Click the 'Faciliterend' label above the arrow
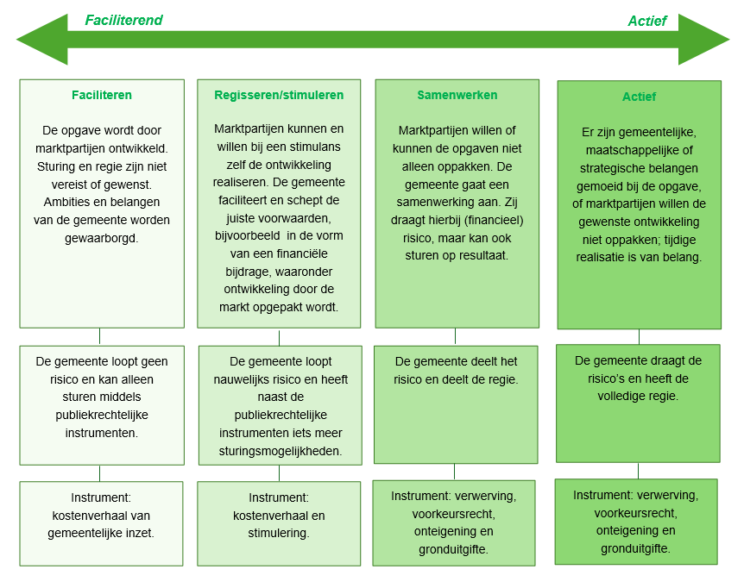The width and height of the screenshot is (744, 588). pyautogui.click(x=123, y=20)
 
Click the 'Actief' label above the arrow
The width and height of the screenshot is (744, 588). pyautogui.click(x=646, y=21)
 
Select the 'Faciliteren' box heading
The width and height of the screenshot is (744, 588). pyautogui.click(x=102, y=95)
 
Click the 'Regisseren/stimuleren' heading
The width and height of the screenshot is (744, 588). pyautogui.click(x=279, y=95)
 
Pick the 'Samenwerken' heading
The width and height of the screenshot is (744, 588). pyautogui.click(x=457, y=95)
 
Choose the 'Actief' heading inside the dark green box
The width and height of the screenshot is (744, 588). pyautogui.click(x=639, y=97)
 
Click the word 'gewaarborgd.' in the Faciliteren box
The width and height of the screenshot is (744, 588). pyautogui.click(x=102, y=238)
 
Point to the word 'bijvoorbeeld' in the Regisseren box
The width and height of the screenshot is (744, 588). pyautogui.click(x=250, y=235)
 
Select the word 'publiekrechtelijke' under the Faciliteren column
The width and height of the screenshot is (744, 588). pyautogui.click(x=102, y=415)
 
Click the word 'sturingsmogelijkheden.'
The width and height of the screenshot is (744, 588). pyautogui.click(x=279, y=450)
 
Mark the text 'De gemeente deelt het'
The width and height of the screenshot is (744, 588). pyautogui.click(x=457, y=361)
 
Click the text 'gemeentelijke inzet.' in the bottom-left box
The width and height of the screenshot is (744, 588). pyautogui.click(x=102, y=533)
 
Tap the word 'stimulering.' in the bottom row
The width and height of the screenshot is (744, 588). pyautogui.click(x=279, y=533)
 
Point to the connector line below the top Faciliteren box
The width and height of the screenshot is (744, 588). pyautogui.click(x=100, y=335)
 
